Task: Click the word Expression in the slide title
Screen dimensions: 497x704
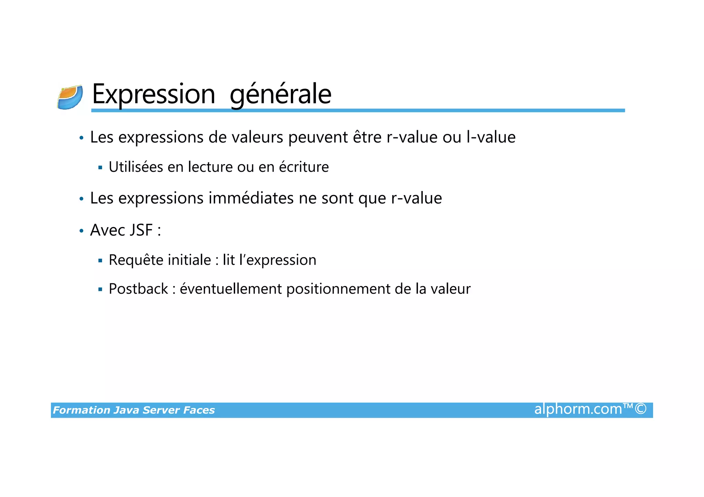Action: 153,94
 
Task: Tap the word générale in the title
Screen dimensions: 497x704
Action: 280,94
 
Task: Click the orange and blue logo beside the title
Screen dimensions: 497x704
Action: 70,98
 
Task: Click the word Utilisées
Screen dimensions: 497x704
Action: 136,167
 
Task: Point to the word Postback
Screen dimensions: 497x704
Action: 138,289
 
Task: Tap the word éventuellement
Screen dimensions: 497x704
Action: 231,289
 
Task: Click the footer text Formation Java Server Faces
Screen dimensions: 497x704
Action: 134,410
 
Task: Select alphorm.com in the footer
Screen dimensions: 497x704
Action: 578,409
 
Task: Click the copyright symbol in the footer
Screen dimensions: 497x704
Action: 641,409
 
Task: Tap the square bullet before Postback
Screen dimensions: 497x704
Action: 100,290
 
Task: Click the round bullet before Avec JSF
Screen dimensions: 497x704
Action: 81,231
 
